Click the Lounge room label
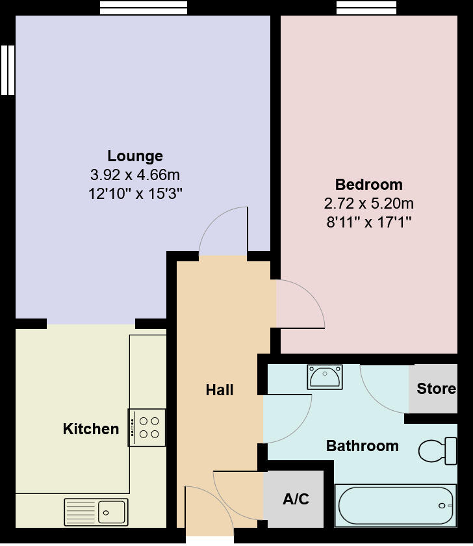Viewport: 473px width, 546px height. (x=135, y=156)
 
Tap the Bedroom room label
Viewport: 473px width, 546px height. (x=368, y=184)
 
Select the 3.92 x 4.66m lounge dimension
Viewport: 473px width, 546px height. (x=135, y=175)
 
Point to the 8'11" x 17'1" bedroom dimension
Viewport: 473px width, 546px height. (x=368, y=222)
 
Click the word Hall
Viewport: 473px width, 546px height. (x=220, y=390)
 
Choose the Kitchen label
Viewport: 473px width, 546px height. (x=91, y=429)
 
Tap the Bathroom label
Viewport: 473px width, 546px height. (x=362, y=446)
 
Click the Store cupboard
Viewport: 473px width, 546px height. (x=435, y=389)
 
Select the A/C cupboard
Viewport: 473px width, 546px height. (x=296, y=499)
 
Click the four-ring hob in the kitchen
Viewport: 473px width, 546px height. (x=147, y=427)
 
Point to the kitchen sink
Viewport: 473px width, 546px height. (x=96, y=512)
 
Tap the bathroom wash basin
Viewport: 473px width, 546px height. (x=325, y=377)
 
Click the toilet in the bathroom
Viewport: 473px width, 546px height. (x=437, y=450)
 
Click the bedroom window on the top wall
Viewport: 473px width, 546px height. (x=366, y=8)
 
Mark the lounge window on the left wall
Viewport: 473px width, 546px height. (x=7, y=70)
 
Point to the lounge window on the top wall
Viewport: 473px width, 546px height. (x=144, y=8)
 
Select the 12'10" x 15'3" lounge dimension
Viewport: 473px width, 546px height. (x=135, y=194)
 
